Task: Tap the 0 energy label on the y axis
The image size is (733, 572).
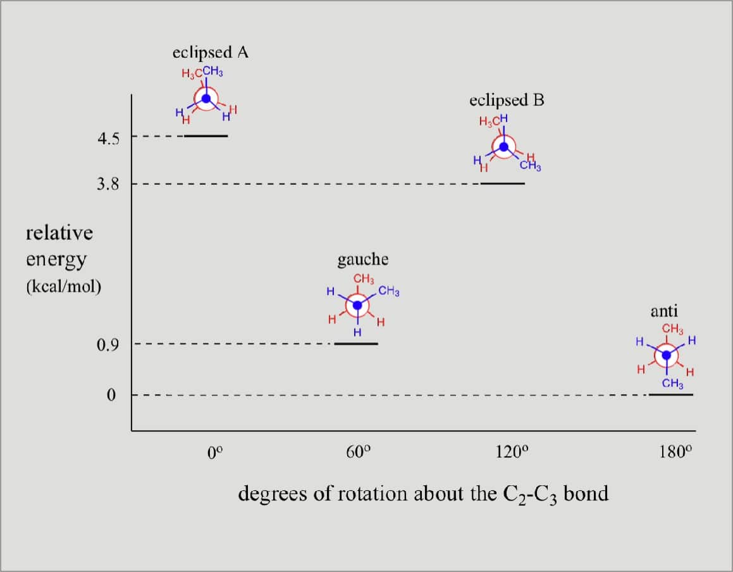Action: pos(111,395)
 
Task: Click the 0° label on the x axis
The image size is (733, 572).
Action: pos(215,452)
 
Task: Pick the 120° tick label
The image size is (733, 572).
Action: pos(511,452)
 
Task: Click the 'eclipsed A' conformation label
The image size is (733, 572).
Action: pos(210,53)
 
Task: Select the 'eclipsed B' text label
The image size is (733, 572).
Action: pos(507,101)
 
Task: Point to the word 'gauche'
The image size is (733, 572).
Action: pos(363,259)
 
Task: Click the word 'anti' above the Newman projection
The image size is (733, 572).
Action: pos(664,311)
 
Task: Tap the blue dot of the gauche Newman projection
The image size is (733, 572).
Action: pos(357,305)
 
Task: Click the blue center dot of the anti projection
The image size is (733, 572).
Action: pos(666,356)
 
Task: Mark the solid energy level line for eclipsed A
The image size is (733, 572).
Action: pos(206,135)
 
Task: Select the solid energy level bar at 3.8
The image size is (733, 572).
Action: pos(503,183)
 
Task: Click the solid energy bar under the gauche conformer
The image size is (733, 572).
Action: pos(356,344)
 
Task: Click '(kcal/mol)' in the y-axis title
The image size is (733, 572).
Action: pos(63,286)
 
